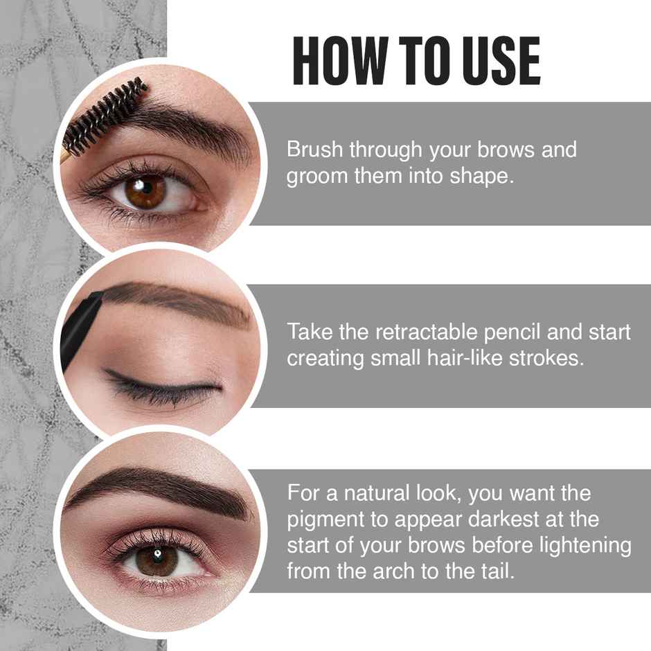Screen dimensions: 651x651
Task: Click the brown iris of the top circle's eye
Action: click(145, 190)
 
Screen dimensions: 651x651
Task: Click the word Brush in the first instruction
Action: click(314, 150)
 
